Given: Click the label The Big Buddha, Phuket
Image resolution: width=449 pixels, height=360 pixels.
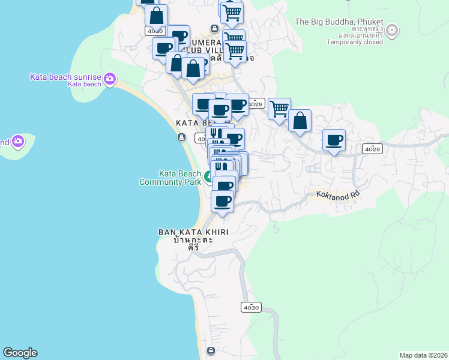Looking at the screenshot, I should (x=339, y=22).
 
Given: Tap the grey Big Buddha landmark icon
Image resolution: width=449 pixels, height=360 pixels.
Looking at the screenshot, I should (x=392, y=30).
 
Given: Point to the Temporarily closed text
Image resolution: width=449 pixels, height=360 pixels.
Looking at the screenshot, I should (x=355, y=42).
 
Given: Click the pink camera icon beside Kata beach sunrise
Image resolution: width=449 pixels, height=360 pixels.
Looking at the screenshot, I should (x=110, y=78).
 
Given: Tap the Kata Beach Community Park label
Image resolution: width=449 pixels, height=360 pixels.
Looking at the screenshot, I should (x=170, y=178).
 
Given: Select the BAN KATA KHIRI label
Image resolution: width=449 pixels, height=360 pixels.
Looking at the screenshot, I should (x=193, y=232).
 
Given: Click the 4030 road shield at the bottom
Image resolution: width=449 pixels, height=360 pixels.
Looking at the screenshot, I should (x=250, y=307).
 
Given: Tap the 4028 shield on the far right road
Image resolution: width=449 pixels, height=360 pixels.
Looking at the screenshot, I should (x=372, y=149).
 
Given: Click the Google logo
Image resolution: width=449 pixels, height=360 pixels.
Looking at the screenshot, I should (x=20, y=353).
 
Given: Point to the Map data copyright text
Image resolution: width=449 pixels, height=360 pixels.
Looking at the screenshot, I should (x=424, y=355).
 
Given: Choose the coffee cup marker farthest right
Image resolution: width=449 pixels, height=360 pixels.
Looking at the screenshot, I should (x=334, y=140).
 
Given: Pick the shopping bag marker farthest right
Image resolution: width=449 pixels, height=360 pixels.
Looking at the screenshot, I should (x=300, y=121).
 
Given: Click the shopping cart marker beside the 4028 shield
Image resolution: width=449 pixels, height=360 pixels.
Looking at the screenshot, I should (x=279, y=109).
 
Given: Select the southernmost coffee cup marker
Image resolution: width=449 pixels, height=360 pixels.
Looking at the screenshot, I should (x=222, y=201).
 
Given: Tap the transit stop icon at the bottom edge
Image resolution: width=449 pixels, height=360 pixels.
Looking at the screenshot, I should (x=211, y=350).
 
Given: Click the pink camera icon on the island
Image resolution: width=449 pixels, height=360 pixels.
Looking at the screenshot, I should (x=17, y=141).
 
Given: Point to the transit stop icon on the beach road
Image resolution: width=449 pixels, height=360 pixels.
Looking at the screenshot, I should (x=182, y=137).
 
